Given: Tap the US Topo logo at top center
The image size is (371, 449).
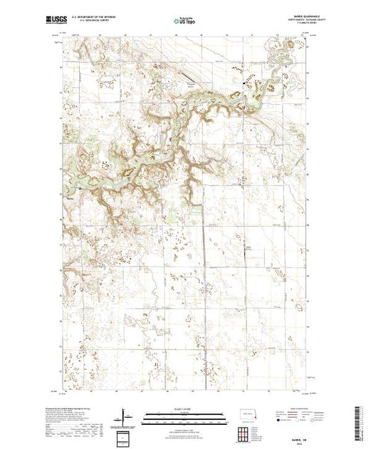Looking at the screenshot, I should pyautogui.click(x=185, y=22).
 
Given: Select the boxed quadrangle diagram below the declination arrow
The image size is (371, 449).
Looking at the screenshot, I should pyautogui.click(x=127, y=436).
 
